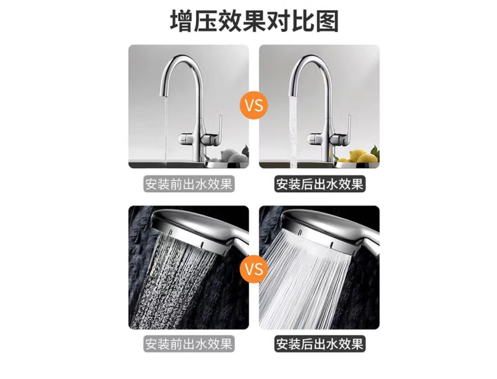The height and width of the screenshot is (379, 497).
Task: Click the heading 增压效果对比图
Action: pyautogui.click(x=254, y=21)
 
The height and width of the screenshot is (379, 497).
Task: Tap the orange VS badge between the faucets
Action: pyautogui.click(x=254, y=105)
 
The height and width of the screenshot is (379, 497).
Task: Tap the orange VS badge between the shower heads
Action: pyautogui.click(x=254, y=269)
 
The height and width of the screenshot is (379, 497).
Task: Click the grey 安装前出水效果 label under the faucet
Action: pyautogui.click(x=189, y=184)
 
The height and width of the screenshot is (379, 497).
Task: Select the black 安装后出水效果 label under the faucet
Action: pyautogui.click(x=320, y=184)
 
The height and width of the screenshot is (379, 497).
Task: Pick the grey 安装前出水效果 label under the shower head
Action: pyautogui.click(x=189, y=344)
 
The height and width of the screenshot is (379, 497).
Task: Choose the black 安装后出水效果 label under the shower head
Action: pyautogui.click(x=320, y=344)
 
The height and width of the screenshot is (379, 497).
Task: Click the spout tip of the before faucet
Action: pyautogui.click(x=164, y=93)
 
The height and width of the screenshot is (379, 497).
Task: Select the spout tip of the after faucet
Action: pyautogui.click(x=293, y=93)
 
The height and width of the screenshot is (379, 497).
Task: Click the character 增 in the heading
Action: pyautogui.click(x=181, y=21)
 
